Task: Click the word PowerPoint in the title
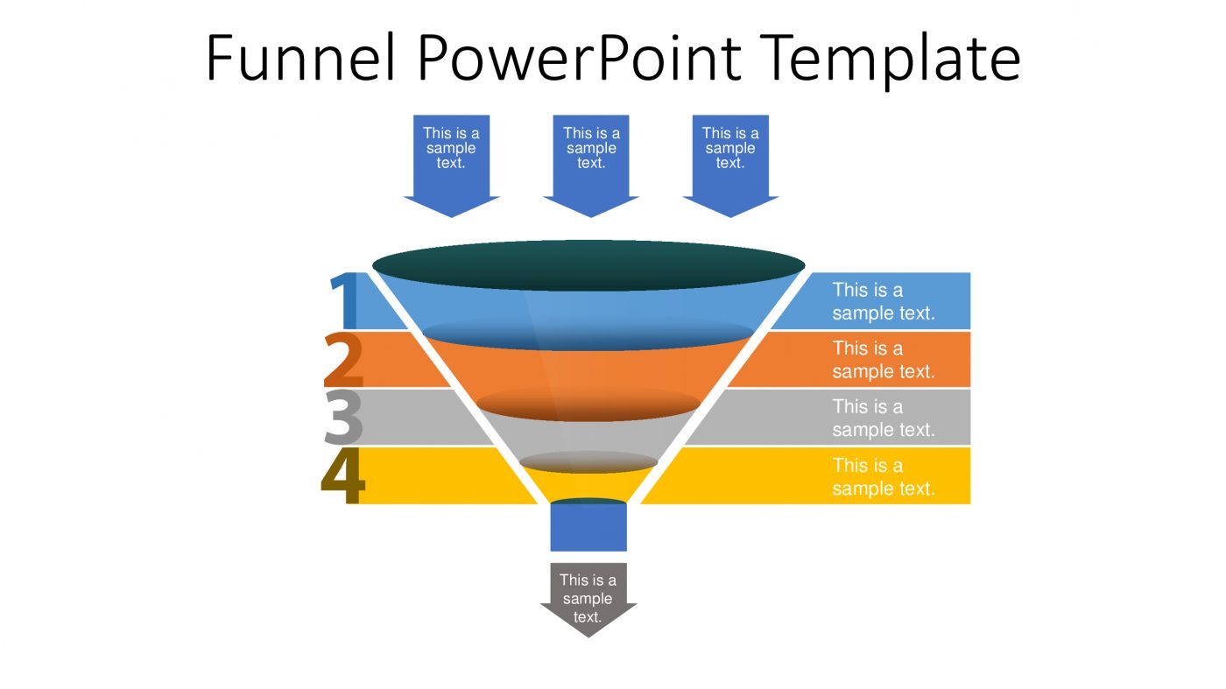click(578, 59)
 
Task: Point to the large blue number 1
click(344, 301)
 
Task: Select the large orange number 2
click(343, 360)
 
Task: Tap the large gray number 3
click(343, 418)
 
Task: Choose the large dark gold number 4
click(342, 477)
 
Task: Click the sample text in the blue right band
click(883, 301)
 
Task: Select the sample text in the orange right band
click(883, 360)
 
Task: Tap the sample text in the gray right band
click(883, 418)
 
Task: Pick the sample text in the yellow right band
click(883, 476)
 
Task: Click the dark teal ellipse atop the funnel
click(588, 264)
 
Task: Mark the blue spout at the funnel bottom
click(588, 528)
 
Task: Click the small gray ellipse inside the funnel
click(588, 461)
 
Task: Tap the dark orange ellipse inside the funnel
click(588, 404)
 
